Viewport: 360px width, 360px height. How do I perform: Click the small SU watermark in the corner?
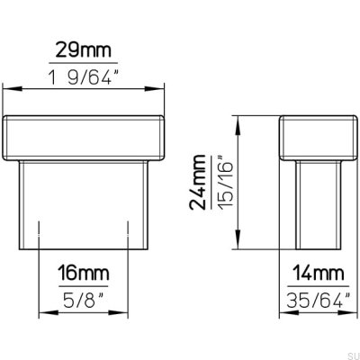(349, 353)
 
